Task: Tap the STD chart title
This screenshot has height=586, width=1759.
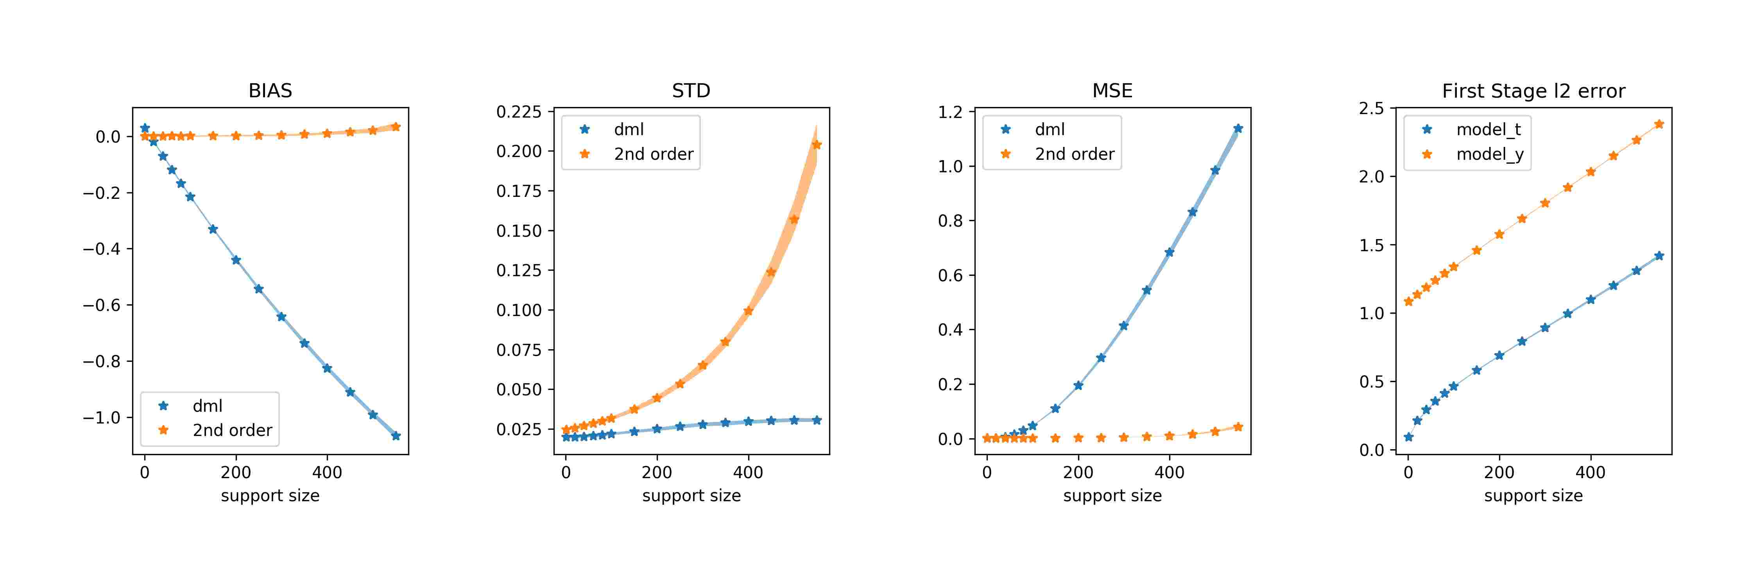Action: point(691,91)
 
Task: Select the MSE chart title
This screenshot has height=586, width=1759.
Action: point(1112,91)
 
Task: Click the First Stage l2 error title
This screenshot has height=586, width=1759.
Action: point(1533,91)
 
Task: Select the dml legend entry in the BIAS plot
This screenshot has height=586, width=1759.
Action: point(207,406)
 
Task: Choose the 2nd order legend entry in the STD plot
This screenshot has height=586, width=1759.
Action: point(653,154)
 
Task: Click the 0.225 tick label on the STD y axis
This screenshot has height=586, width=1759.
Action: point(519,112)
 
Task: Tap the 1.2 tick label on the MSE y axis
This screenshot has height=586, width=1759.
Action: point(951,112)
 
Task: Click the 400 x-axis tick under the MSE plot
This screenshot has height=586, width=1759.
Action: point(1169,472)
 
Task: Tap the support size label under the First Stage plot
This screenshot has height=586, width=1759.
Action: point(1533,496)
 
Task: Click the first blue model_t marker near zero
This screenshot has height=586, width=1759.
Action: point(1408,437)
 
